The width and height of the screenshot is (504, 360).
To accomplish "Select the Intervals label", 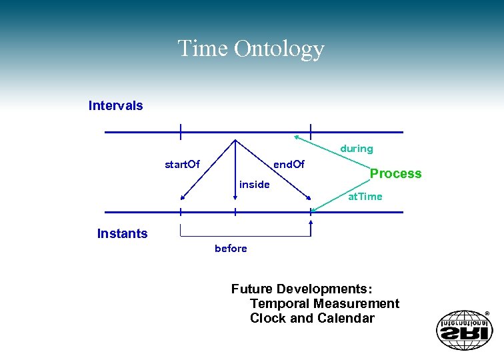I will [x=115, y=105].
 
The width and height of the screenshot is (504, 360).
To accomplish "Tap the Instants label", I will [x=122, y=233].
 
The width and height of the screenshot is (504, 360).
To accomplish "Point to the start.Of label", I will [x=182, y=164].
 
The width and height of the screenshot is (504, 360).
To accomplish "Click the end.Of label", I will [x=289, y=164].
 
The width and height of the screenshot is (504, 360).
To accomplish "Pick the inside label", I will [x=254, y=185].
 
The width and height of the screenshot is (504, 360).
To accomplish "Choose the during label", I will [x=357, y=149].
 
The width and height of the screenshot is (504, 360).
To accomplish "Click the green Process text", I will [x=395, y=173].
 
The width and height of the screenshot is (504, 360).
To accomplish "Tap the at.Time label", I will [x=365, y=196].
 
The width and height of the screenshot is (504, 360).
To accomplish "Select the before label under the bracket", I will [x=231, y=248].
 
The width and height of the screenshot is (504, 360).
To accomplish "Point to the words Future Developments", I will [x=301, y=289].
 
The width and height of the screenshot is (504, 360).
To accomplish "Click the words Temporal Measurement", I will [x=324, y=303].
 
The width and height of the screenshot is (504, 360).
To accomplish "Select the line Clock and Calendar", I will [x=312, y=318].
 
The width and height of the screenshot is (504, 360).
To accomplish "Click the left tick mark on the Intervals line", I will [x=180, y=132].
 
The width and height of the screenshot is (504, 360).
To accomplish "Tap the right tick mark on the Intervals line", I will [x=311, y=132].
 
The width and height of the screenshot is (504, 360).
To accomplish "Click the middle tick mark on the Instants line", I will [x=235, y=212].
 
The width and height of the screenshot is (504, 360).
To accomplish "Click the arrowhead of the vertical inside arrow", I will [x=235, y=197].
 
